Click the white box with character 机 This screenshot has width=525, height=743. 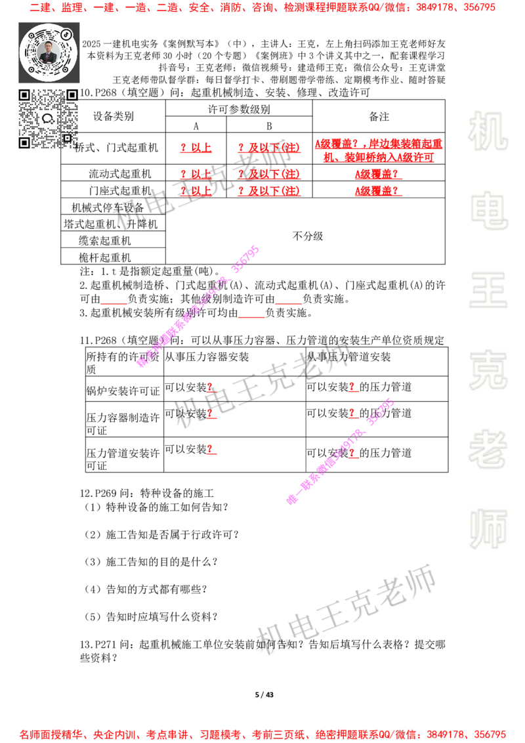488,131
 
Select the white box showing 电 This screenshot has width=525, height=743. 490,210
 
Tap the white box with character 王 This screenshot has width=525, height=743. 488,291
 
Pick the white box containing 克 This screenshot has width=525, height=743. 488,370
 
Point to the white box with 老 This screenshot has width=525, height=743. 488,449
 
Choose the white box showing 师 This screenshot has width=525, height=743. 488,530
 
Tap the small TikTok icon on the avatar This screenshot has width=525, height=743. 66,33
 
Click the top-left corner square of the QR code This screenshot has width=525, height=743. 24,95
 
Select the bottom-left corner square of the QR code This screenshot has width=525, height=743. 24,142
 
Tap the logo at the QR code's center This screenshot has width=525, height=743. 47,119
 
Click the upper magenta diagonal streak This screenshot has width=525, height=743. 197,305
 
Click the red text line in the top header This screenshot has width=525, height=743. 262,8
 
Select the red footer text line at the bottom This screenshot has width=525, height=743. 262,734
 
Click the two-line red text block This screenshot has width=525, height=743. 378,150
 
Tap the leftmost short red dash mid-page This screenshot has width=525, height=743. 114,304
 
